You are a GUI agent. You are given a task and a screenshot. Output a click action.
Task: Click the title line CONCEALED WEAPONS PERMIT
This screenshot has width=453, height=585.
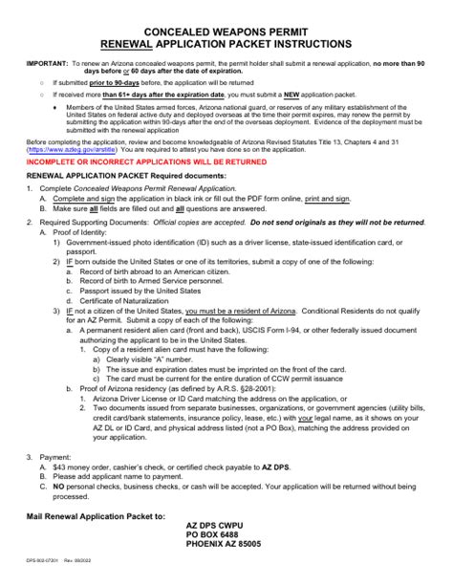(x=226, y=31)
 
